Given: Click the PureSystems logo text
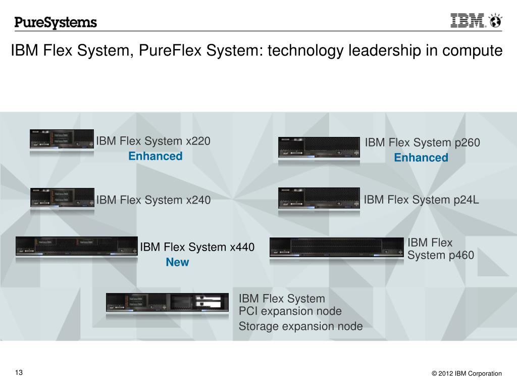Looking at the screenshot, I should tap(56, 22).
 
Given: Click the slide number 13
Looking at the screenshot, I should tap(19, 373).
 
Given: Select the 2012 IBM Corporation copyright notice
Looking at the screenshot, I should tap(467, 374).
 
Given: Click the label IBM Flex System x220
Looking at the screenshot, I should tap(153, 141).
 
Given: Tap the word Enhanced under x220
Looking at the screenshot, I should tap(155, 156).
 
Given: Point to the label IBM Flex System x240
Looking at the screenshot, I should tap(153, 200).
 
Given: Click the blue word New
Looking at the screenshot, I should tap(177, 262).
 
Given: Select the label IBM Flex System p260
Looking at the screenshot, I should tap(422, 143).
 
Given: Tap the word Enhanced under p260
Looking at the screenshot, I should tap(421, 158).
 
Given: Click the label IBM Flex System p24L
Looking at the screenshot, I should tap(421, 200).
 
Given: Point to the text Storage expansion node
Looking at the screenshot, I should tap(300, 326).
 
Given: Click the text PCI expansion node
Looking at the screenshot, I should tap(290, 311).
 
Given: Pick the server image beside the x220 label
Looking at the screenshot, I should tap(62, 139).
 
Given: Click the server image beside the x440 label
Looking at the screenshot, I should tap(77, 246).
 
